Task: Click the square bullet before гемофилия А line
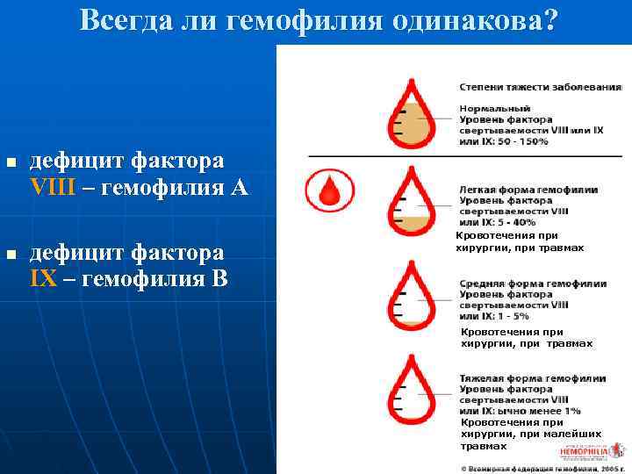tap(10, 164)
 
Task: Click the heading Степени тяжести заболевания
tap(540, 87)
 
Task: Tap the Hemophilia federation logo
tap(582, 450)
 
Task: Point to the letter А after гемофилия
tap(239, 187)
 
